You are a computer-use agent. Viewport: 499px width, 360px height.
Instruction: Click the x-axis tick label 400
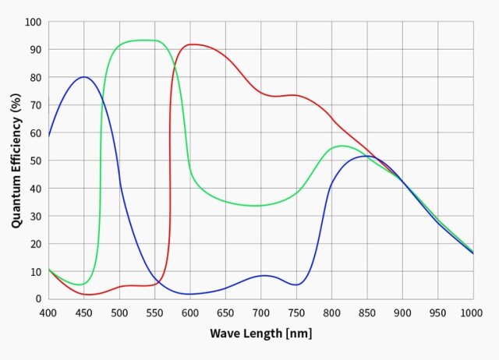coord(48,312)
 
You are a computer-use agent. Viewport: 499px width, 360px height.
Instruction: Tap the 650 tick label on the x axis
coord(225,312)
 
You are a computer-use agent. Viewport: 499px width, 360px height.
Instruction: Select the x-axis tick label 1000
coord(472,312)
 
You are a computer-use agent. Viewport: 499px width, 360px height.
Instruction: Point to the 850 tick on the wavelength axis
coord(367,312)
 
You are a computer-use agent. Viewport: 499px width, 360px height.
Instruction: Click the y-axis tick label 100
coord(33,22)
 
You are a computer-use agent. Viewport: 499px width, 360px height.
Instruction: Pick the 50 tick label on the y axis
coord(35,161)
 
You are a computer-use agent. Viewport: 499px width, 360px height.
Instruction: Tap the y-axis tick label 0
coord(38,298)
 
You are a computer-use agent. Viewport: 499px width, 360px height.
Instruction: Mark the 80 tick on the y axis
coord(35,77)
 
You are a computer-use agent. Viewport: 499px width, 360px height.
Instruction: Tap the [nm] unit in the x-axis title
coord(299,334)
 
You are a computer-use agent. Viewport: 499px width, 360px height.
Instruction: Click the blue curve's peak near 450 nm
coord(83,77)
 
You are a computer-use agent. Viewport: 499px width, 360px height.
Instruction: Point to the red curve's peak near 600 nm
coord(191,44)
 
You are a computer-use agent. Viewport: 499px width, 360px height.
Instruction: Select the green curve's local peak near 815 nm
coord(342,146)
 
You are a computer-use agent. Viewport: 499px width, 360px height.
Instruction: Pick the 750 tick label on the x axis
coord(296,312)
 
